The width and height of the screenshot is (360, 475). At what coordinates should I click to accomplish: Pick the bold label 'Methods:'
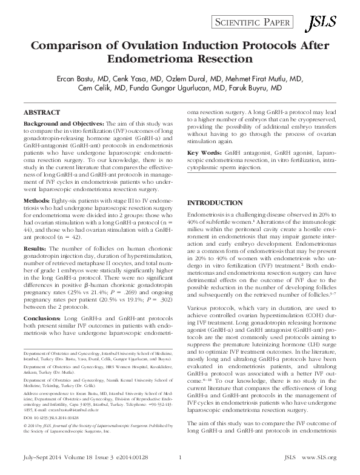click(x=36, y=200)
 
